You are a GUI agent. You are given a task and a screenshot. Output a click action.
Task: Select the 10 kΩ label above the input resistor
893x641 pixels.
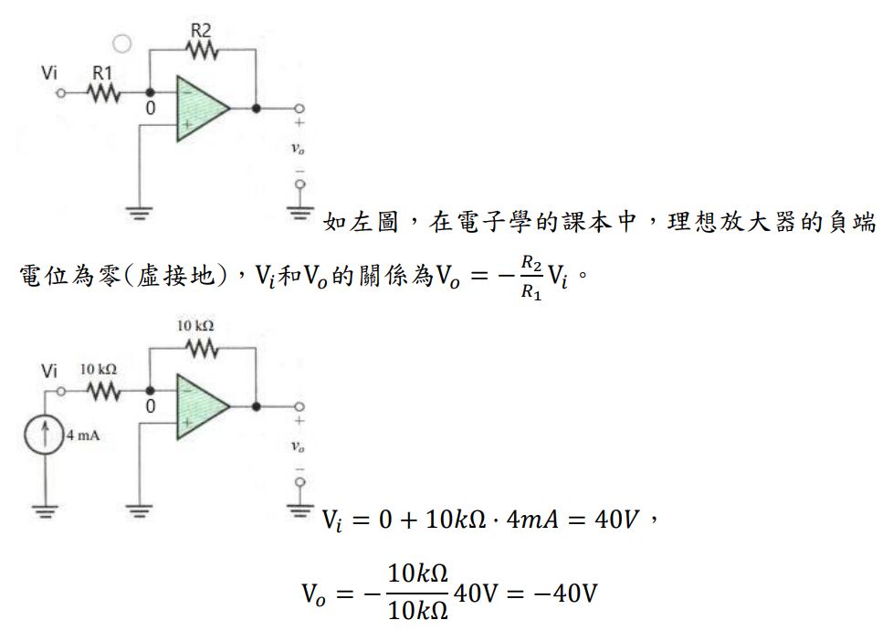100,369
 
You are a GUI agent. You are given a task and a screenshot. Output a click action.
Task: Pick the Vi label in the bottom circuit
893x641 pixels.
50,370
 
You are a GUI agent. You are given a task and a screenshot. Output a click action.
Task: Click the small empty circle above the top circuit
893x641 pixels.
120,42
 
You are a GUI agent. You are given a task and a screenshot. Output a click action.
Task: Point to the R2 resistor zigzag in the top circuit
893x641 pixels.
202,51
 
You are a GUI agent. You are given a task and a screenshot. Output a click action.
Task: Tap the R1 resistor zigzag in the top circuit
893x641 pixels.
103,92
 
